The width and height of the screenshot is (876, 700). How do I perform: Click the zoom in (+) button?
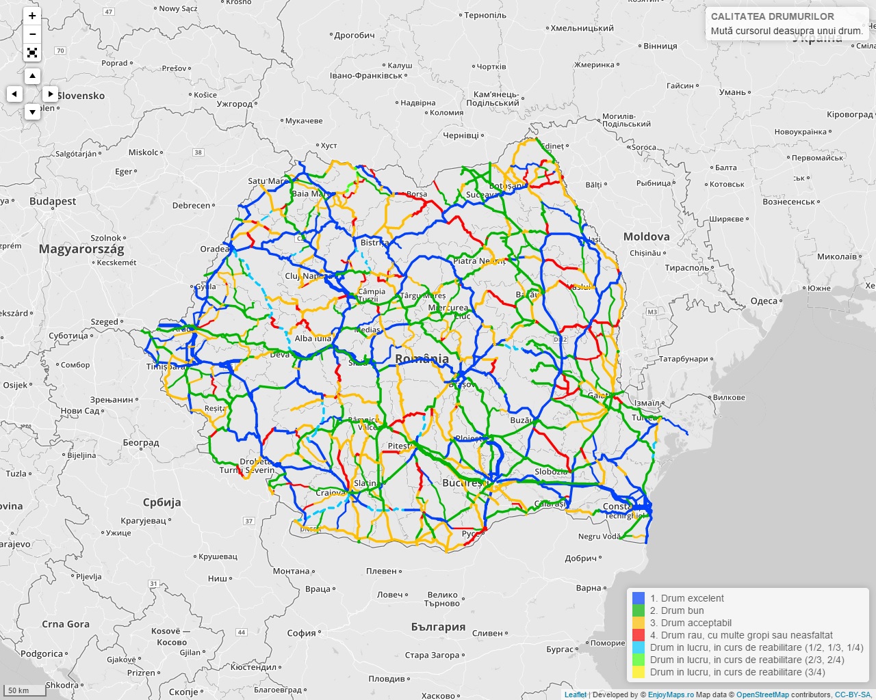click(32, 16)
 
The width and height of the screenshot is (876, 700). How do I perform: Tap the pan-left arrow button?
click(14, 94)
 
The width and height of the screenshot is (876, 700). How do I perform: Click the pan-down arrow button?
click(32, 111)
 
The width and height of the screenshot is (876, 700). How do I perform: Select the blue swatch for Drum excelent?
click(639, 598)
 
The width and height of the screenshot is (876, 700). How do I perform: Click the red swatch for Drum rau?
click(639, 635)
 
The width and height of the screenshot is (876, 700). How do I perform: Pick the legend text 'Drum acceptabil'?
click(691, 623)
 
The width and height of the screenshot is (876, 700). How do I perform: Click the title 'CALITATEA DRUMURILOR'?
click(772, 16)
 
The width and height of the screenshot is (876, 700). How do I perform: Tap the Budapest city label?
click(53, 202)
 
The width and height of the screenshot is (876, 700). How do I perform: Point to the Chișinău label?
click(645, 253)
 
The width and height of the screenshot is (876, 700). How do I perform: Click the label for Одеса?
click(764, 301)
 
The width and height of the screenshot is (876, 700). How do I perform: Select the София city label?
click(301, 633)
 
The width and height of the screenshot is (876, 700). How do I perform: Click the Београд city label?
click(141, 443)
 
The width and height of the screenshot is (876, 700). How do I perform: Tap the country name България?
click(438, 627)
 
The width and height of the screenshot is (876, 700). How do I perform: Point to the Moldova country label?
click(646, 237)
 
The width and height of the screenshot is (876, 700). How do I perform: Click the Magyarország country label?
click(81, 249)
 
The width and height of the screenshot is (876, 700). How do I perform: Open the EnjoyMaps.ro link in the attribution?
click(671, 695)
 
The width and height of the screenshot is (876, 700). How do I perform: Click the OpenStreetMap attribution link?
click(762, 695)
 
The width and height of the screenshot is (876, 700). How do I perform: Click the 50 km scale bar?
click(23, 690)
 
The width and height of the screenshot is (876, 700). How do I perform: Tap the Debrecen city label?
click(192, 205)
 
